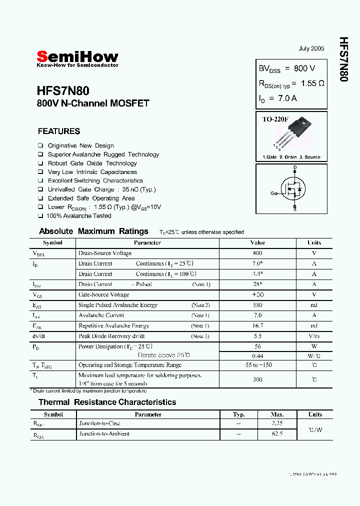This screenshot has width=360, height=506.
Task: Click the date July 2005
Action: [311, 48]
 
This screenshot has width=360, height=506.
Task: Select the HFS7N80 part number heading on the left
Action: [63, 90]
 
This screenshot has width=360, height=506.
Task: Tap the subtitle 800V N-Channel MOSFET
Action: [93, 103]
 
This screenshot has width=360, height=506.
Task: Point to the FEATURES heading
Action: [59, 131]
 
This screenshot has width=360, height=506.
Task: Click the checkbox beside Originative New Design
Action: [40, 146]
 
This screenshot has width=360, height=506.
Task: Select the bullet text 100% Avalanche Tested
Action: [79, 216]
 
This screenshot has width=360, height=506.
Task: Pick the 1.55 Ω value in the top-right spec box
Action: [312, 83]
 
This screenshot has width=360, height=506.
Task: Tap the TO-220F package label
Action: [275, 119]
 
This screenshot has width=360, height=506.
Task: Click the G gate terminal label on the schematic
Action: [272, 193]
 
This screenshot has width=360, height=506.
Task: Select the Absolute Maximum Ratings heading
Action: [93, 231]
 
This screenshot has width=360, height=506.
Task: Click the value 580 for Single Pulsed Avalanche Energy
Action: [257, 305]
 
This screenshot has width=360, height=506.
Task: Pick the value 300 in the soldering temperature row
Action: [257, 379]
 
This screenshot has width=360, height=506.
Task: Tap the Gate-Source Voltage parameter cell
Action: [103, 294]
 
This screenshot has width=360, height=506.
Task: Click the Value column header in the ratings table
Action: [257, 242]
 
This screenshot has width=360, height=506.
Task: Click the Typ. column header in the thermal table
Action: [239, 414]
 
